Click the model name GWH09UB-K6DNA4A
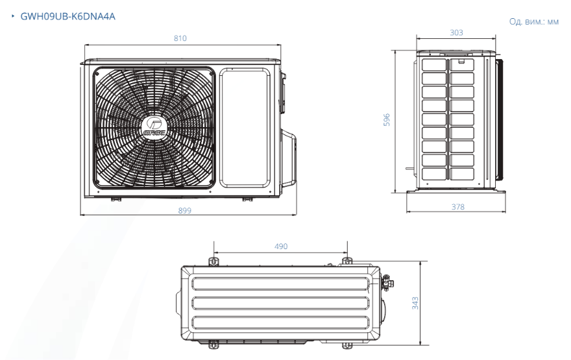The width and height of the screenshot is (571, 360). pyautogui.click(x=67, y=16)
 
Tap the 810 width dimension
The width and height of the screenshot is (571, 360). pyautogui.click(x=180, y=38)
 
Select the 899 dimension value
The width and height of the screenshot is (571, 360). pyautogui.click(x=185, y=210)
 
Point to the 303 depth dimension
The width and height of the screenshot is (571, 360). pyautogui.click(x=456, y=33)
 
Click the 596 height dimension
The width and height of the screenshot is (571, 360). pyautogui.click(x=387, y=120)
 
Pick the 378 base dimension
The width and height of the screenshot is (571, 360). pyautogui.click(x=457, y=207)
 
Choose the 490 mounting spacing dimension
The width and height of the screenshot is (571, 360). pyautogui.click(x=281, y=246)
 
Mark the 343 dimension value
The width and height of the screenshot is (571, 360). pyautogui.click(x=415, y=303)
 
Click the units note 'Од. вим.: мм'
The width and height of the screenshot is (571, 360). pyautogui.click(x=533, y=21)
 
